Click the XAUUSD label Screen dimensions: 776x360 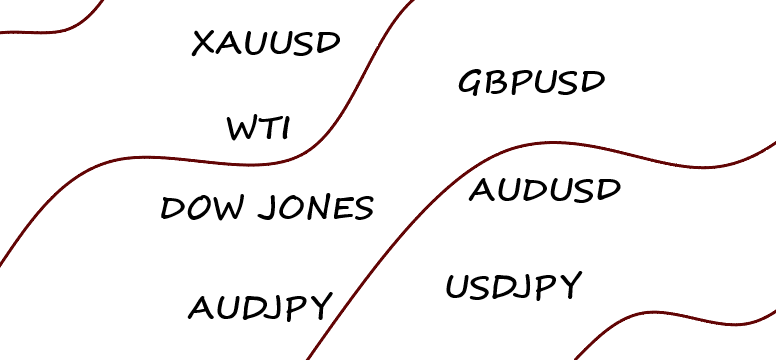tap(266, 43)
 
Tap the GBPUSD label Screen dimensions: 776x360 tap(532, 81)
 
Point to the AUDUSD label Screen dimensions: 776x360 tap(545, 189)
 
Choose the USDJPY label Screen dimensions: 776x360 tap(512, 287)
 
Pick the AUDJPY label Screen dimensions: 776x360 tap(260, 307)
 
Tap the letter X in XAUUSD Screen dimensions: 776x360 tap(202, 43)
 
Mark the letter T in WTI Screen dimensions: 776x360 tap(267, 129)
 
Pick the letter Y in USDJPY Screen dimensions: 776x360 tap(568, 288)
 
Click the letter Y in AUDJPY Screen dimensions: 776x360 tap(319, 307)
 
